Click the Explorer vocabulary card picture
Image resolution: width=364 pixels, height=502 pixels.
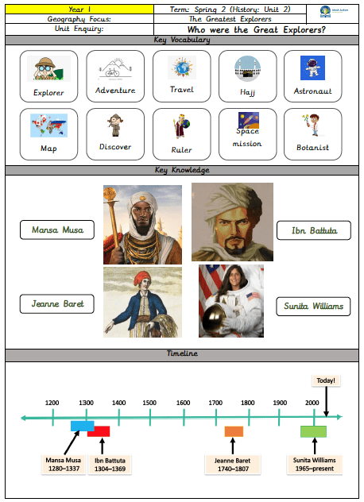(48, 68)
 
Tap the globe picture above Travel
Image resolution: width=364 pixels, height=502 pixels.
(182, 68)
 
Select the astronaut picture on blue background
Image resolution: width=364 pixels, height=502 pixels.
(312, 68)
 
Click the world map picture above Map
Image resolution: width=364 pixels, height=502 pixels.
(48, 125)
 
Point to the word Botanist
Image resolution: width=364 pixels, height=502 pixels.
(312, 148)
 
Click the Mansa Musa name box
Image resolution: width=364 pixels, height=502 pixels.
(57, 230)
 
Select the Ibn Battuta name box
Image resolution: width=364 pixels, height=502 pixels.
(314, 230)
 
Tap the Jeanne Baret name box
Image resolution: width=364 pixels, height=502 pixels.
(57, 304)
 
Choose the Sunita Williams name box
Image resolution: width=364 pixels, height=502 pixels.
(313, 307)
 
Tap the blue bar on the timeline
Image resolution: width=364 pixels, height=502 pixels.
(83, 426)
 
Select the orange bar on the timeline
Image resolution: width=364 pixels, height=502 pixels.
(234, 431)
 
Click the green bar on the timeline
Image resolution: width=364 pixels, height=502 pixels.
(313, 431)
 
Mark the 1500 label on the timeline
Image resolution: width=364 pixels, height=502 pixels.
(149, 403)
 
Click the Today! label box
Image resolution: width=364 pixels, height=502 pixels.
(326, 380)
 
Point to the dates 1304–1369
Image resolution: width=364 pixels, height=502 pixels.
(110, 469)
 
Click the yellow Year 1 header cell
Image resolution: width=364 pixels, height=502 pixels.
(79, 10)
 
